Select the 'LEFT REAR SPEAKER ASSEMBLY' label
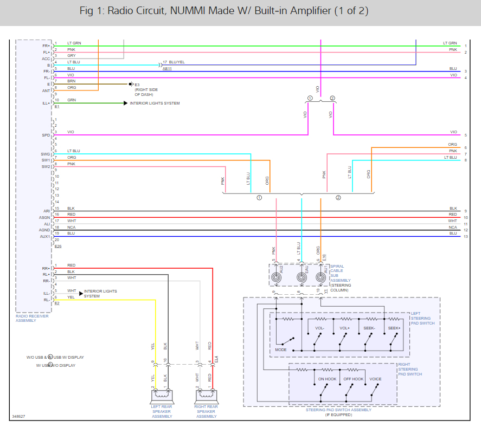pyautogui.click(x=162, y=411)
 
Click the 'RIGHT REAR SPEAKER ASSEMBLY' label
pyautogui.click(x=206, y=411)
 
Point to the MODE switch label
pyautogui.click(x=281, y=349)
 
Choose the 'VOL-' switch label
pyautogui.click(x=320, y=328)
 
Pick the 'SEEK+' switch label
pyautogui.click(x=394, y=328)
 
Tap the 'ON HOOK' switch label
pyautogui.click(x=327, y=379)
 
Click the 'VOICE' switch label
pyautogui.click(x=375, y=379)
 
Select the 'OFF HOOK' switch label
pyautogui.click(x=353, y=379)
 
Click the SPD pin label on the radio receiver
pyautogui.click(x=46, y=135)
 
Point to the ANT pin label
pyautogui.click(x=46, y=90)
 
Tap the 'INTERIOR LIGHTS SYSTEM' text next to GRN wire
pyautogui.click(x=155, y=103)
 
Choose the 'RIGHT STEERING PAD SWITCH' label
pyautogui.click(x=411, y=369)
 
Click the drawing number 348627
pyautogui.click(x=18, y=417)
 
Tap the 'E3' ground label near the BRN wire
pyautogui.click(x=137, y=85)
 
